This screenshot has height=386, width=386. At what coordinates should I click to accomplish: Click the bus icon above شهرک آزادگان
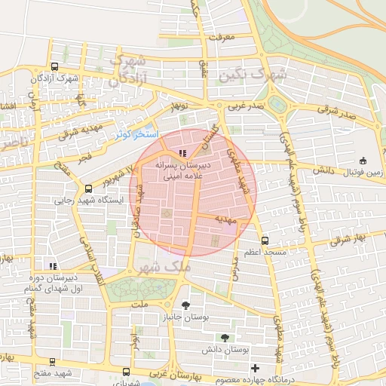(55, 67)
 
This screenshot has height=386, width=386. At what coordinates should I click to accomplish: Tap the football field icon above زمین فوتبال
(364, 160)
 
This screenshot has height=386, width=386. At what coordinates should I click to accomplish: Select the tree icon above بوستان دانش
(225, 337)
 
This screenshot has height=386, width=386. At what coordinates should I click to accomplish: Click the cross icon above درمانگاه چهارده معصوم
(254, 369)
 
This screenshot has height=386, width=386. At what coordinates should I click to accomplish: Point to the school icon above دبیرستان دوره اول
(52, 266)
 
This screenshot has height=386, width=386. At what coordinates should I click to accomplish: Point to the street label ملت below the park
(138, 304)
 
